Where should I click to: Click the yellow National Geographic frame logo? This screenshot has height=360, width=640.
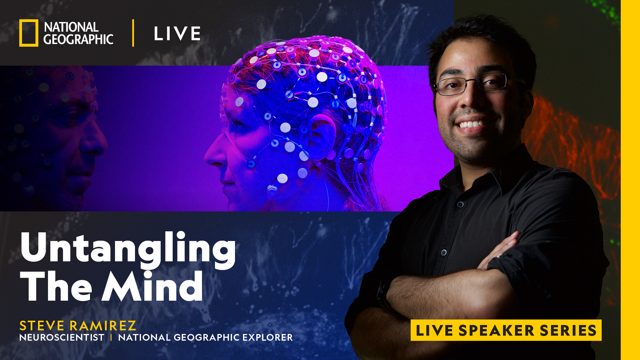(29, 33)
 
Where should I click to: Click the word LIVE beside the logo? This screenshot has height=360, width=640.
(177, 34)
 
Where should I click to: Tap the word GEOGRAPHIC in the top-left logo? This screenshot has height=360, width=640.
(78, 40)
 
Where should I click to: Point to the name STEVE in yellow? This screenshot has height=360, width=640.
(42, 326)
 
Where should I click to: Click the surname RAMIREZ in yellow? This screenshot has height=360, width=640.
(103, 326)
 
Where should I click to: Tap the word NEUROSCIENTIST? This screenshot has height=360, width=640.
(62, 338)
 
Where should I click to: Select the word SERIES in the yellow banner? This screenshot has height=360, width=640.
(568, 330)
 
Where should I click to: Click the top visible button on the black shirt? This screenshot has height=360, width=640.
(460, 204)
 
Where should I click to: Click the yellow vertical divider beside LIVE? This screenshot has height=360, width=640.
(133, 33)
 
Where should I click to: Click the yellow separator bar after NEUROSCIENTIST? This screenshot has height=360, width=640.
(111, 338)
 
